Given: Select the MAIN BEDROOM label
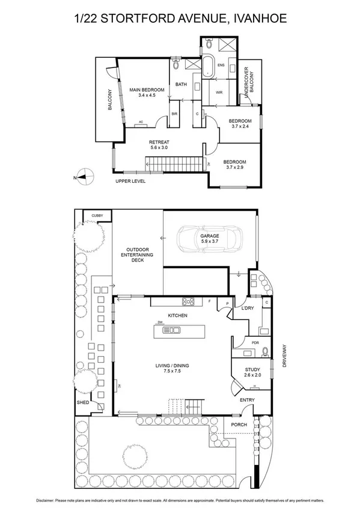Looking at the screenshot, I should [x=147, y=90].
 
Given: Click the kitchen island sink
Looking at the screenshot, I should [x=174, y=330].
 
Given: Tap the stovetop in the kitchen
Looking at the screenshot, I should [x=188, y=301].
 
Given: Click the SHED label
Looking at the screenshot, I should [x=82, y=402].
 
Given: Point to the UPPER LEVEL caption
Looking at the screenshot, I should [x=131, y=180].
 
